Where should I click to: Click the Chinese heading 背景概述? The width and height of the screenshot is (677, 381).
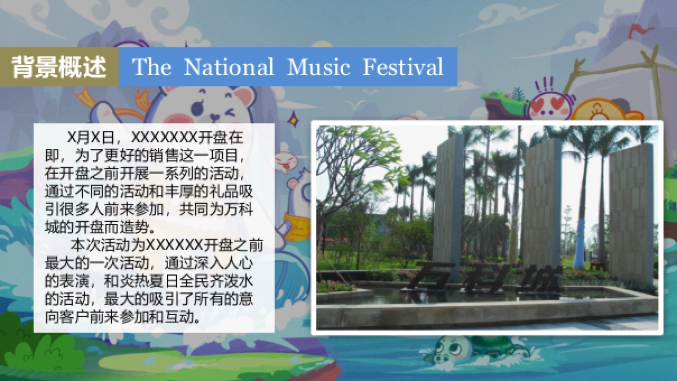point(59,67)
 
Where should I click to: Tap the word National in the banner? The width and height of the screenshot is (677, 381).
point(228,67)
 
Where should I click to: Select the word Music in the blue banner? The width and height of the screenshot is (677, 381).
point(319,67)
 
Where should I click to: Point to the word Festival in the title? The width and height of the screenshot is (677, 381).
point(403,67)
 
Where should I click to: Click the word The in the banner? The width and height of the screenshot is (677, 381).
point(151,67)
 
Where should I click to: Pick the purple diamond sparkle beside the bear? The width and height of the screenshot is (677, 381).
point(292,119)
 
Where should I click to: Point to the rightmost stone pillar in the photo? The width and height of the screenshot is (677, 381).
point(631,212)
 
